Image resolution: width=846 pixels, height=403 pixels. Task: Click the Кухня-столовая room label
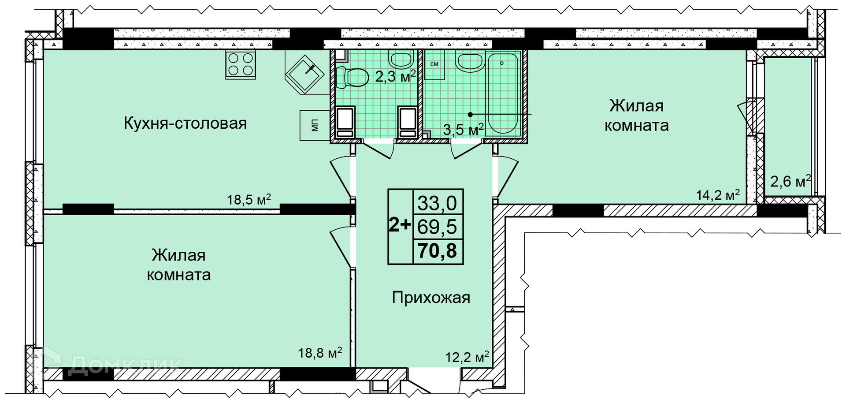tap(185, 123)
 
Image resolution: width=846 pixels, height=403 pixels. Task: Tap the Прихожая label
tap(431, 298)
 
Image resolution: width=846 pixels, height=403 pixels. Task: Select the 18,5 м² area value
tap(249, 199)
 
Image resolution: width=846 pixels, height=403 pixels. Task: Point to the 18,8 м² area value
tap(320, 352)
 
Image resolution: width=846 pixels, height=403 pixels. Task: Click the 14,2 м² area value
tap(718, 194)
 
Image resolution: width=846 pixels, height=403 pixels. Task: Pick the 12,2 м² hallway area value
tap(467, 356)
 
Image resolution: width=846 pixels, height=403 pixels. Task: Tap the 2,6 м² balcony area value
tap(790, 181)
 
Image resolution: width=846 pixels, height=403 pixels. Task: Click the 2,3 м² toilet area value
tap(395, 76)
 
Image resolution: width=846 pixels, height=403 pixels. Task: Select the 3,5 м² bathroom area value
tap(464, 130)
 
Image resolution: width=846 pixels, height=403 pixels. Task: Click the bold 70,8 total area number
tap(438, 251)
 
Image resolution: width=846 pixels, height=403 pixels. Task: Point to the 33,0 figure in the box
tap(438, 203)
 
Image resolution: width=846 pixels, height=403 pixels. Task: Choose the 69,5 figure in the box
tap(438, 227)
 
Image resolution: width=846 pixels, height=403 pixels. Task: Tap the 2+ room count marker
tap(400, 225)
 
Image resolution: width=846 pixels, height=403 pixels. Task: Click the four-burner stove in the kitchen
tap(241, 64)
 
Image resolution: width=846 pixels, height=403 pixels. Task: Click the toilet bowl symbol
tap(352, 77)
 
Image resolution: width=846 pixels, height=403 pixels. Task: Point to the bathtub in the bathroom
tap(502, 93)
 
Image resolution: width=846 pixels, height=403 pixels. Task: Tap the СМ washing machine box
tap(434, 64)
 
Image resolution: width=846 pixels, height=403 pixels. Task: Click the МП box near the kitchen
tap(315, 125)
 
